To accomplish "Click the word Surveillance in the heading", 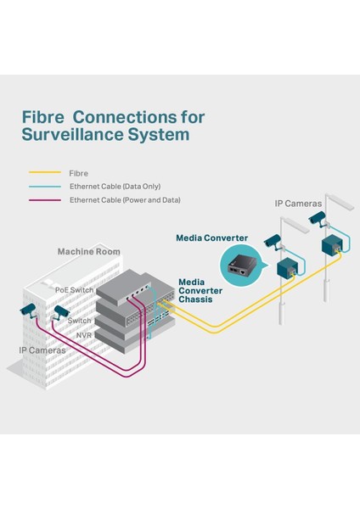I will [77, 135].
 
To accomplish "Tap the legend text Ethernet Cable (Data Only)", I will [115, 186].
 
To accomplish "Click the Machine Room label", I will [88, 252].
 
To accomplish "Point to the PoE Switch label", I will [75, 289].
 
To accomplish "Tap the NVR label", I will [85, 335].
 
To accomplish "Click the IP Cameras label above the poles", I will [297, 204].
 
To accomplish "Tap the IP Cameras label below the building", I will [42, 350].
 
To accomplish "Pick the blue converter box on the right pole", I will [334, 247].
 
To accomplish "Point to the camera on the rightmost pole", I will [316, 220].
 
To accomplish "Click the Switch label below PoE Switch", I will [80, 321].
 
